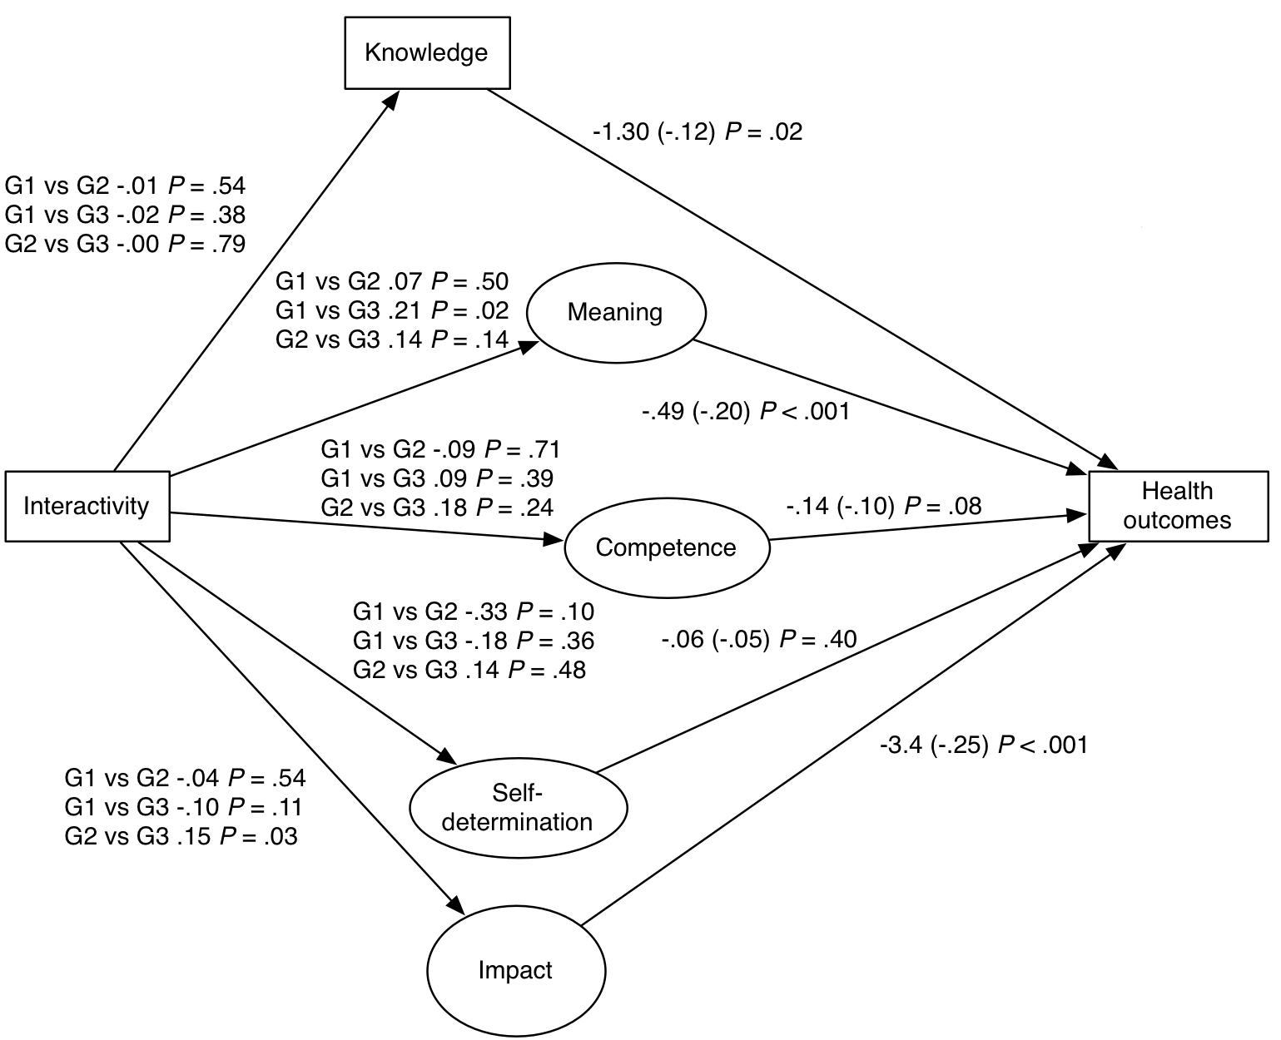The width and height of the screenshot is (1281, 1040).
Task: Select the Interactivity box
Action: (87, 506)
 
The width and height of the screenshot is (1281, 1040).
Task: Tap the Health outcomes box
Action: (1177, 505)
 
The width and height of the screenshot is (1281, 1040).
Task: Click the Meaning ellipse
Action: (615, 313)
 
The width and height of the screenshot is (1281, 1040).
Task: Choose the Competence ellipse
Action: (666, 547)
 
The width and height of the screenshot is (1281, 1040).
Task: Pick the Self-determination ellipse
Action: (518, 808)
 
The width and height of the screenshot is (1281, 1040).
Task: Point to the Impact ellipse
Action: (515, 970)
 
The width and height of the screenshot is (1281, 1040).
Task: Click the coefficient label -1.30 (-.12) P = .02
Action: (698, 131)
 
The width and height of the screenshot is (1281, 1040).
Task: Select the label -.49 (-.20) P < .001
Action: (745, 411)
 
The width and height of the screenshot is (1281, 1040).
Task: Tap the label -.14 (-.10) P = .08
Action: (883, 505)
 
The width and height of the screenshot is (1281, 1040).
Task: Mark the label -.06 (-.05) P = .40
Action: (759, 639)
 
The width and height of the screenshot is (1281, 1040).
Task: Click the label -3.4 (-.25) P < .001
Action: (983, 745)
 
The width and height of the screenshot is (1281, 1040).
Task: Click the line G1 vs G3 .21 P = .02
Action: (392, 310)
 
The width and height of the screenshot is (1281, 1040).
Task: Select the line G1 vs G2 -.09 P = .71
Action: (440, 450)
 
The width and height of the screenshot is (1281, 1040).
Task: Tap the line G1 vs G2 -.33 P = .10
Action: (474, 612)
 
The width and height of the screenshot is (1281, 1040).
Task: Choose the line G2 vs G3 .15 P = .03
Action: (181, 836)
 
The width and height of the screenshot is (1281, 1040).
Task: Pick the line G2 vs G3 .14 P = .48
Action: (469, 669)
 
